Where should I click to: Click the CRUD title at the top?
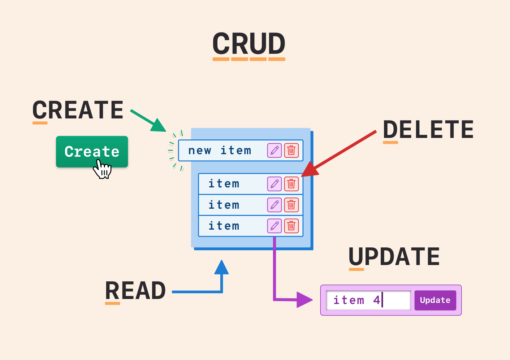point(249,44)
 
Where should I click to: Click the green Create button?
point(92,151)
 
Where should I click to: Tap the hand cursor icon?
point(103,170)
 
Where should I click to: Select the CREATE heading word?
point(78,110)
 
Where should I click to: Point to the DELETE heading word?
point(428,130)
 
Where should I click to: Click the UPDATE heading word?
point(394,257)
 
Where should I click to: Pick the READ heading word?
point(135,291)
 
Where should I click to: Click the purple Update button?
point(435,300)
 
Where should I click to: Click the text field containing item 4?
point(368,300)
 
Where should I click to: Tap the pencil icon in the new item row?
point(275,150)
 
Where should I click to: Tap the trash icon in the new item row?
point(291,150)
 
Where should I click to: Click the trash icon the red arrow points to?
point(291,184)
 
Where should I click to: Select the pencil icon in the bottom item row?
point(275,226)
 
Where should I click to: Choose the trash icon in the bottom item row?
point(291,226)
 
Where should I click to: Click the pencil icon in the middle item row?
point(275,205)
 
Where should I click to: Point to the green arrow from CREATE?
point(148,121)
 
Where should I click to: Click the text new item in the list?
point(220,151)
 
